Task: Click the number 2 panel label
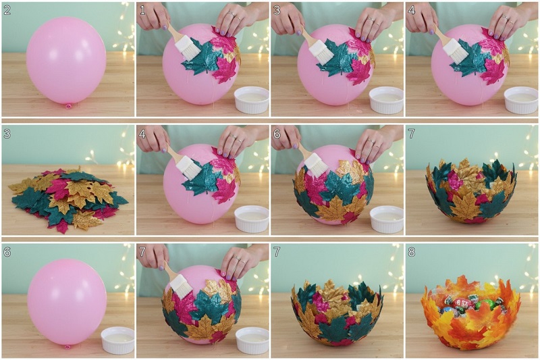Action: point(7,9)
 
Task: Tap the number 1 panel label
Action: point(142,10)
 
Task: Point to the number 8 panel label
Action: point(411,252)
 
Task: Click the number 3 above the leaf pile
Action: point(7,134)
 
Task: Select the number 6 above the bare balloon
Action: point(7,252)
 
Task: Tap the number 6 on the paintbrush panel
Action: point(277,134)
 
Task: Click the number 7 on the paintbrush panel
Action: point(142,252)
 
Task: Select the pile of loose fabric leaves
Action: point(68,199)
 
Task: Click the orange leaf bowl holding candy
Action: point(470,313)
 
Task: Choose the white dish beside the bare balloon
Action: point(117,340)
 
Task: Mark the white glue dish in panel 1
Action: point(251,100)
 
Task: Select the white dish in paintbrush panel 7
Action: point(252,340)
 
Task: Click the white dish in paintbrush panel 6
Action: point(386,219)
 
